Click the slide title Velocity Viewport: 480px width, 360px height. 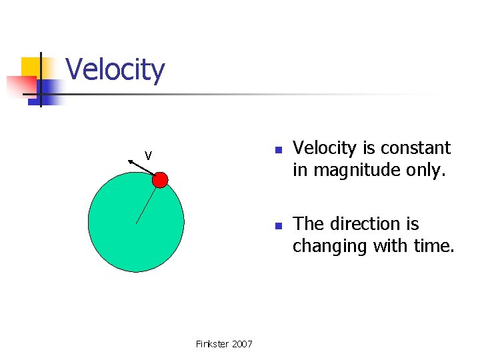[115, 69]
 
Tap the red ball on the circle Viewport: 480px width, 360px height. [160, 179]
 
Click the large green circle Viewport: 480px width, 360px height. [136, 227]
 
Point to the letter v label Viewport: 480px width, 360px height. [149, 155]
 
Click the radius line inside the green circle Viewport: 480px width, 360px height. [147, 204]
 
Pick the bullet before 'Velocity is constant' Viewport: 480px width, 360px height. [279, 149]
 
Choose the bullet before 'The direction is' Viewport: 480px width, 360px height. [279, 225]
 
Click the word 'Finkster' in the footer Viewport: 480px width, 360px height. [211, 344]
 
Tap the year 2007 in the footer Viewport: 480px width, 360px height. [241, 344]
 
